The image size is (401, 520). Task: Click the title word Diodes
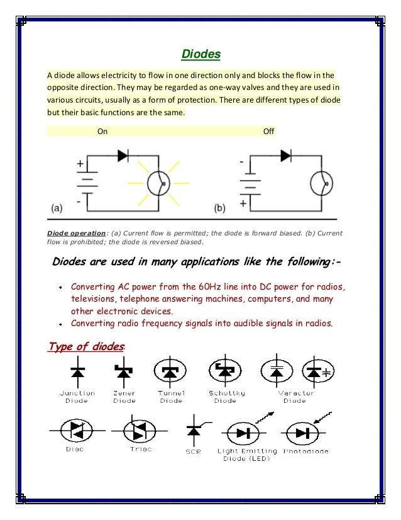tap(200, 54)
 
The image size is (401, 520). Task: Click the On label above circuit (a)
tap(102, 132)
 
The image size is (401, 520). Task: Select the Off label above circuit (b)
tap(268, 132)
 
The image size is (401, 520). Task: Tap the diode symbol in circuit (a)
tap(123, 155)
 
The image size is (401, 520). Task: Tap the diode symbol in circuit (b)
tap(286, 155)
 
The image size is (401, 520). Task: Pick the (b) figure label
tap(220, 206)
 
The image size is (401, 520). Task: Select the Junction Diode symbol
tap(77, 373)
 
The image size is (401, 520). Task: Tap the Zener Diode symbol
tap(124, 373)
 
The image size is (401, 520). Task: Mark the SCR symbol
tap(193, 431)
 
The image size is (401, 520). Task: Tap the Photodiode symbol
tap(302, 432)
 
